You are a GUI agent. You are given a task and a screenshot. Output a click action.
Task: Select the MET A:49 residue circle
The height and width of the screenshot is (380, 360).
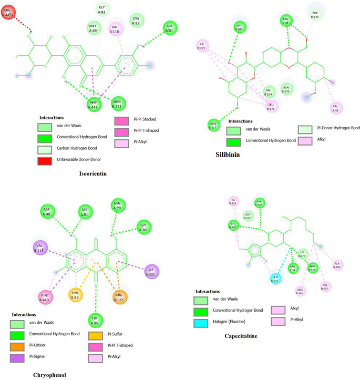[94, 28]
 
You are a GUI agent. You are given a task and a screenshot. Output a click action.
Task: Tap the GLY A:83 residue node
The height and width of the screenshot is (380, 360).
[102, 9]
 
